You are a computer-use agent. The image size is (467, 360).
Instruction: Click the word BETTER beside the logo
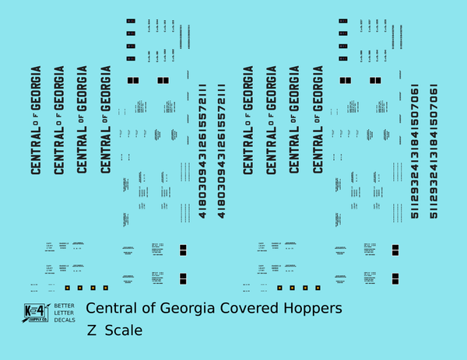pyautogui.click(x=65, y=305)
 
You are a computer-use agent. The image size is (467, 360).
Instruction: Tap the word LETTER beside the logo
pyautogui.click(x=65, y=313)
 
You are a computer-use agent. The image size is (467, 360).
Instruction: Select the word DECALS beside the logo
pyautogui.click(x=65, y=322)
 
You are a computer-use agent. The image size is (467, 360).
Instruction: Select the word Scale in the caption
pyautogui.click(x=123, y=330)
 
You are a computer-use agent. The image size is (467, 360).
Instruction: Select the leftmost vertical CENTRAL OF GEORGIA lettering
pyautogui.click(x=36, y=120)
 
